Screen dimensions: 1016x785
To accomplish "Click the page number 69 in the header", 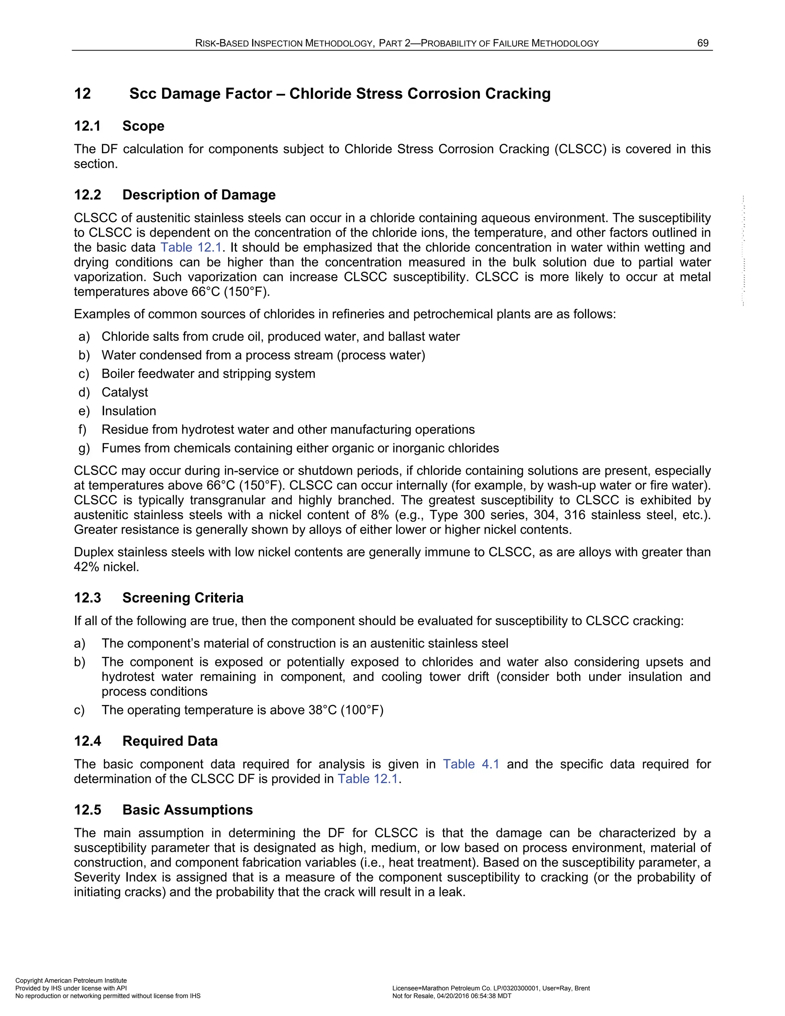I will (703, 43).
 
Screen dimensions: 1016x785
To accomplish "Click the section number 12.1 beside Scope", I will (87, 126).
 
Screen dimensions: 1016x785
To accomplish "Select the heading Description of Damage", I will (199, 194).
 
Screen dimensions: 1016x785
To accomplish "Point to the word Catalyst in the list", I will (125, 392).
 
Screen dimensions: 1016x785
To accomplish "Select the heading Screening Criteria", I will (182, 597).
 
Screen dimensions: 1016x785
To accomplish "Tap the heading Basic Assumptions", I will (187, 809).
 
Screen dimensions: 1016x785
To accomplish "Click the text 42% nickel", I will (107, 567).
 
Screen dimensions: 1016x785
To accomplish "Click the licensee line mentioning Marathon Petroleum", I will (491, 988).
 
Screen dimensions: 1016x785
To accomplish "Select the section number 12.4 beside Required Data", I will (87, 741).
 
